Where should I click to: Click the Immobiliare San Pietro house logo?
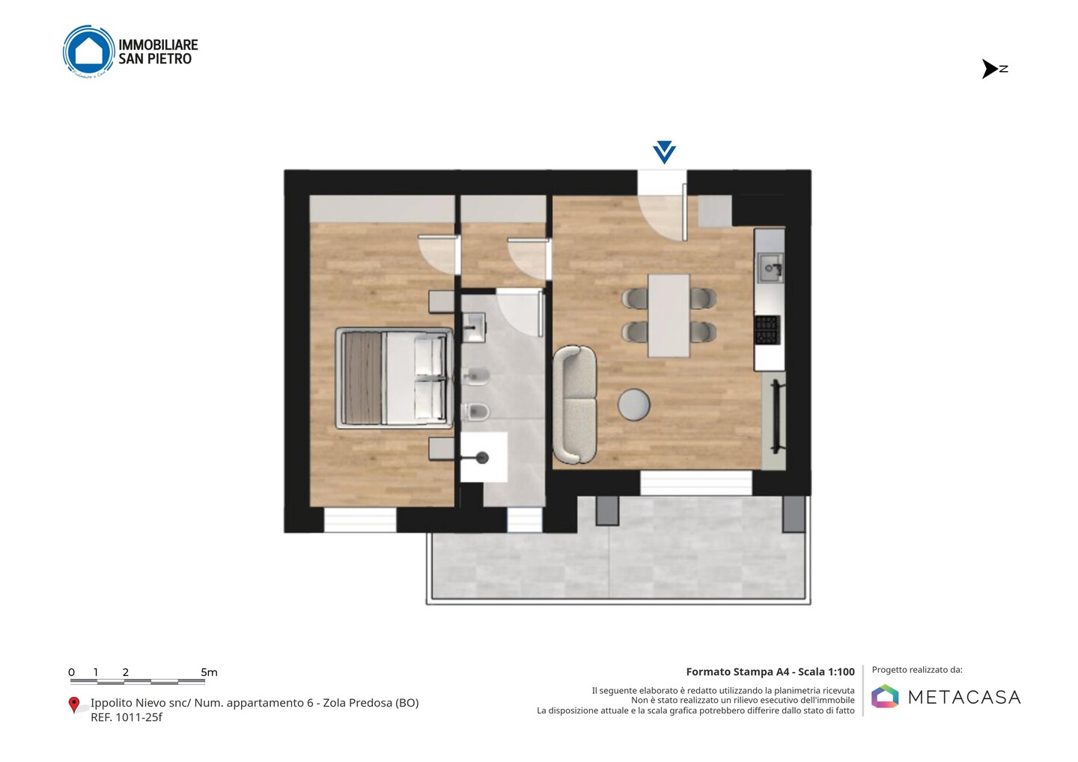[x=89, y=52]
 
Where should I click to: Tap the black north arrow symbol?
[x=990, y=69]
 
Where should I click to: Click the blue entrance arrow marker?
[x=665, y=152]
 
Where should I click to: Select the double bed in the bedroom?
[x=394, y=378]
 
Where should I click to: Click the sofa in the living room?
[x=575, y=404]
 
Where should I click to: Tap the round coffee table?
[x=634, y=405]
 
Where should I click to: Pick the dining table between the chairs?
[x=669, y=316]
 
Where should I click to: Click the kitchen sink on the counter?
[x=770, y=268]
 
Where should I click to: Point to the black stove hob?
[x=767, y=330]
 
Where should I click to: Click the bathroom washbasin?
[x=474, y=327]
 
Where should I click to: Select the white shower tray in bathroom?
[x=484, y=457]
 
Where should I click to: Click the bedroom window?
[x=360, y=520]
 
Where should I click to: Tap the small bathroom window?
[x=525, y=520]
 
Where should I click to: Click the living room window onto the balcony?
[x=696, y=483]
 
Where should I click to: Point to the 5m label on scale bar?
[x=210, y=672]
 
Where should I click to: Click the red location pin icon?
[x=73, y=705]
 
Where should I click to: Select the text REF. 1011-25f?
[x=126, y=717]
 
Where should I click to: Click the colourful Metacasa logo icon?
[x=885, y=696]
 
